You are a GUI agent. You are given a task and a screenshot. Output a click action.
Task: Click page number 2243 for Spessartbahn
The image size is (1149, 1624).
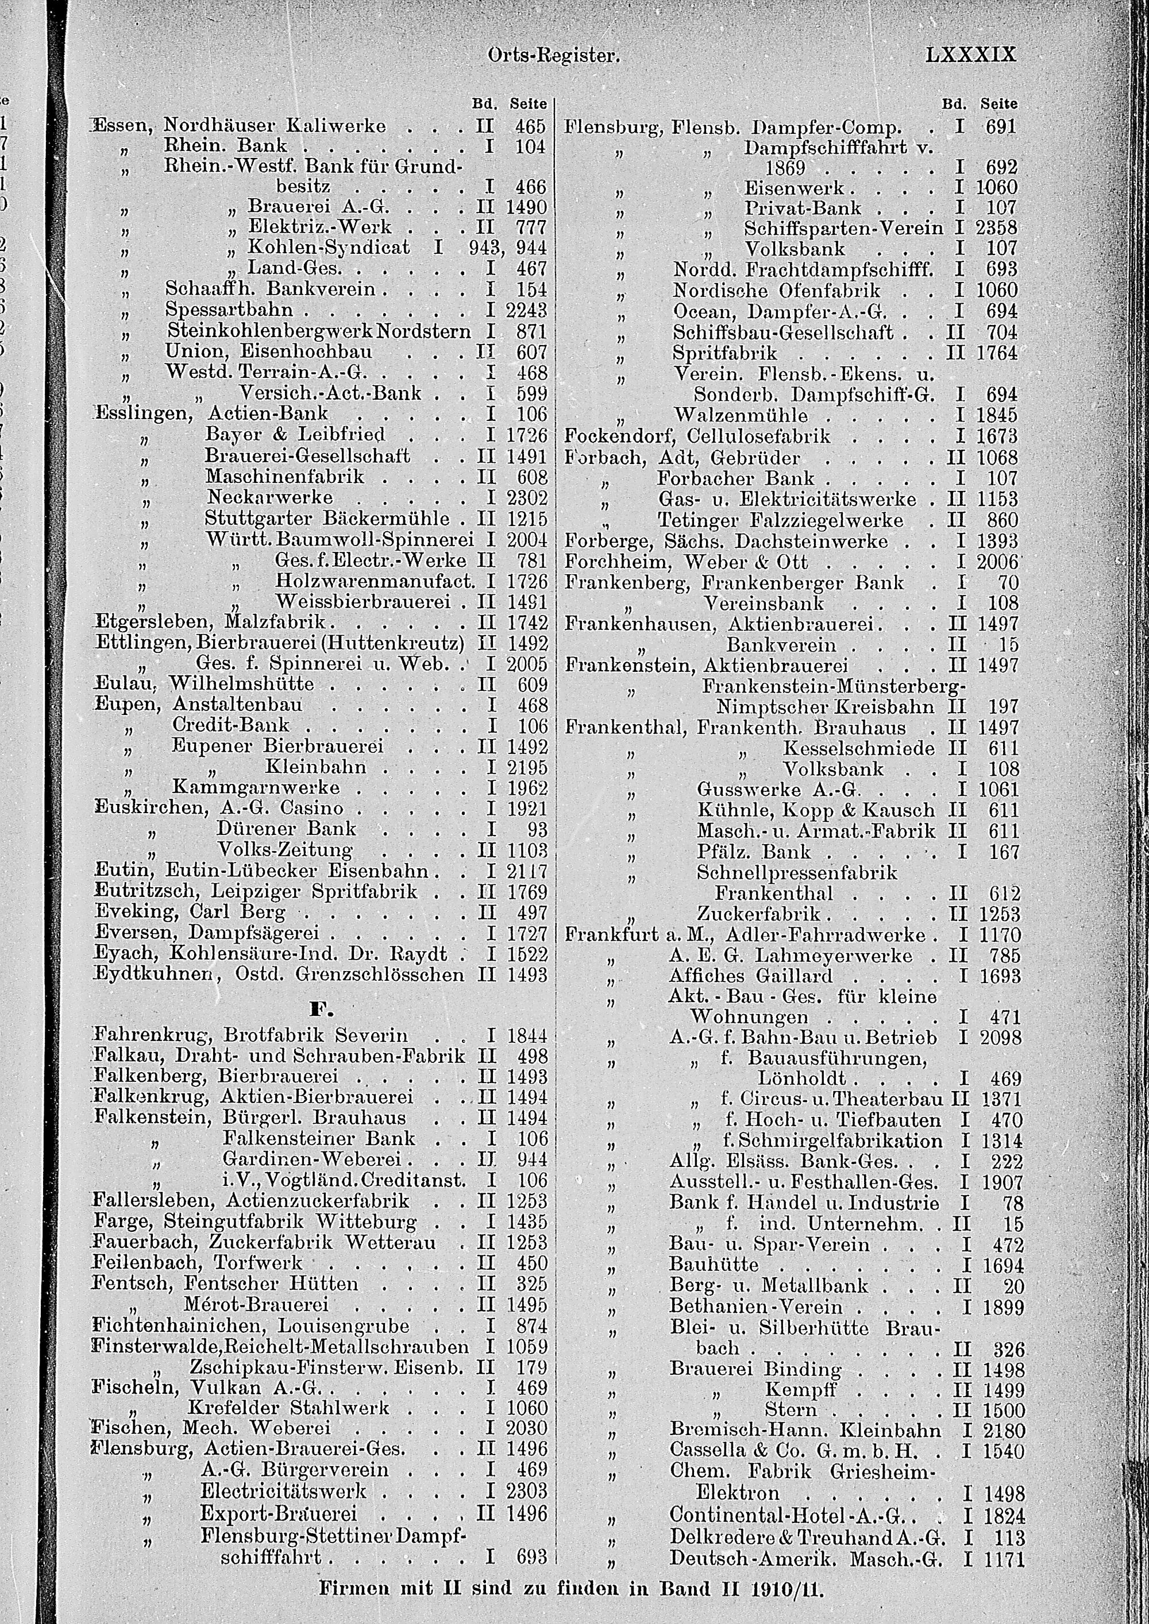coord(526,311)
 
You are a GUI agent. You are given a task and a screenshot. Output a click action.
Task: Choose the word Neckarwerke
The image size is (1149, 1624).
coord(269,497)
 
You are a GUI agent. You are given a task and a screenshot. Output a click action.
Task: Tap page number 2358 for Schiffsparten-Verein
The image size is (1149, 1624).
coord(996,229)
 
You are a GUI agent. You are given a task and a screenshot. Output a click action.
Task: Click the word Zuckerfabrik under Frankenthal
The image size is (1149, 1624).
coord(758,914)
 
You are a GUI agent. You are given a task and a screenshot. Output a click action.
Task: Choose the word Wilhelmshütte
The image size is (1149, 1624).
coord(241,684)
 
